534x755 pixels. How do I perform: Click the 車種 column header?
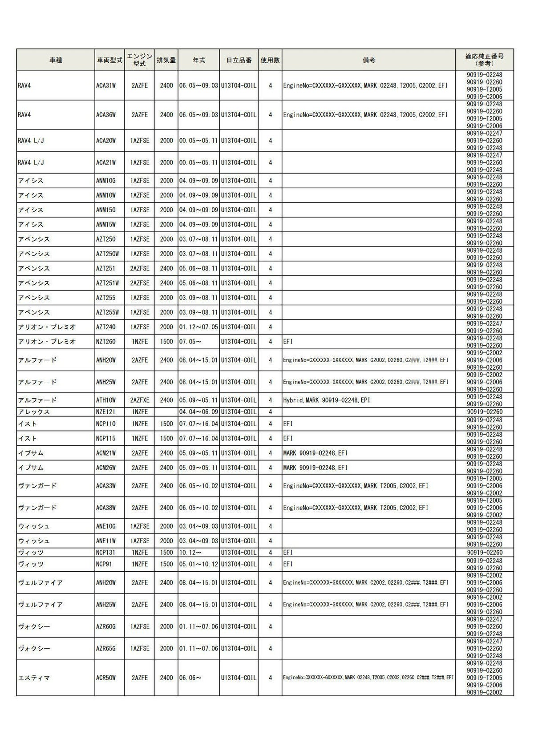[56, 60]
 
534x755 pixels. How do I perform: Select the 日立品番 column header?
[239, 60]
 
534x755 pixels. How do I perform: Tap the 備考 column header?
[368, 60]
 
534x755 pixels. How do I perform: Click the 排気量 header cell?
[166, 60]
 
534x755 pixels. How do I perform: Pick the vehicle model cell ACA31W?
[106, 85]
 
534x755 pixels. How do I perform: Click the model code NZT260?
[106, 342]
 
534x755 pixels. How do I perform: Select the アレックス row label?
[34, 412]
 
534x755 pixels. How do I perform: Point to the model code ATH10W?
[106, 400]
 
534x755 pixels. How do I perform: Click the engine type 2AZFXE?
[140, 400]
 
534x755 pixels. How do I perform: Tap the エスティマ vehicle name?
[34, 678]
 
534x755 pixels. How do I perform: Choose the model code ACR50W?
[106, 678]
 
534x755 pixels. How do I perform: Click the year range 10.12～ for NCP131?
[190, 553]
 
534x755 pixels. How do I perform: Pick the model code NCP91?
[105, 564]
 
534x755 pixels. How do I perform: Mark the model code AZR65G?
[106, 649]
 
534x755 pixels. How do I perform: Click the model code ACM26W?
[106, 468]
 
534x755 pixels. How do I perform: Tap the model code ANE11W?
[106, 541]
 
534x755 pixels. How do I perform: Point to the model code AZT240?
[106, 327]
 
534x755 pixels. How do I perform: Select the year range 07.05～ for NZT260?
[190, 342]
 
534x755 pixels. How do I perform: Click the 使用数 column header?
[270, 60]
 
